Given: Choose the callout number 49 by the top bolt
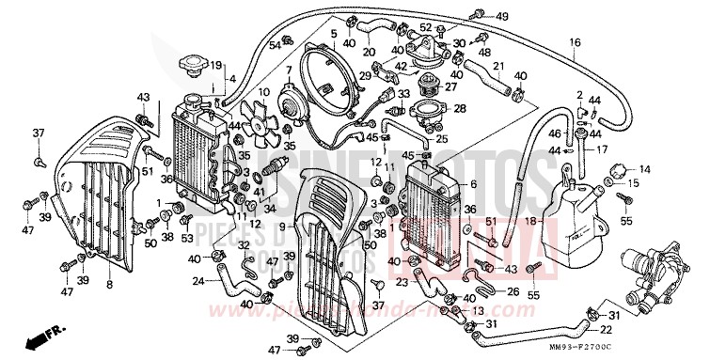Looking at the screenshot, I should point(501,17).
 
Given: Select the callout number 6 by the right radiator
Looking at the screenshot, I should point(473,184).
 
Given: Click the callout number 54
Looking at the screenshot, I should point(276,44).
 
